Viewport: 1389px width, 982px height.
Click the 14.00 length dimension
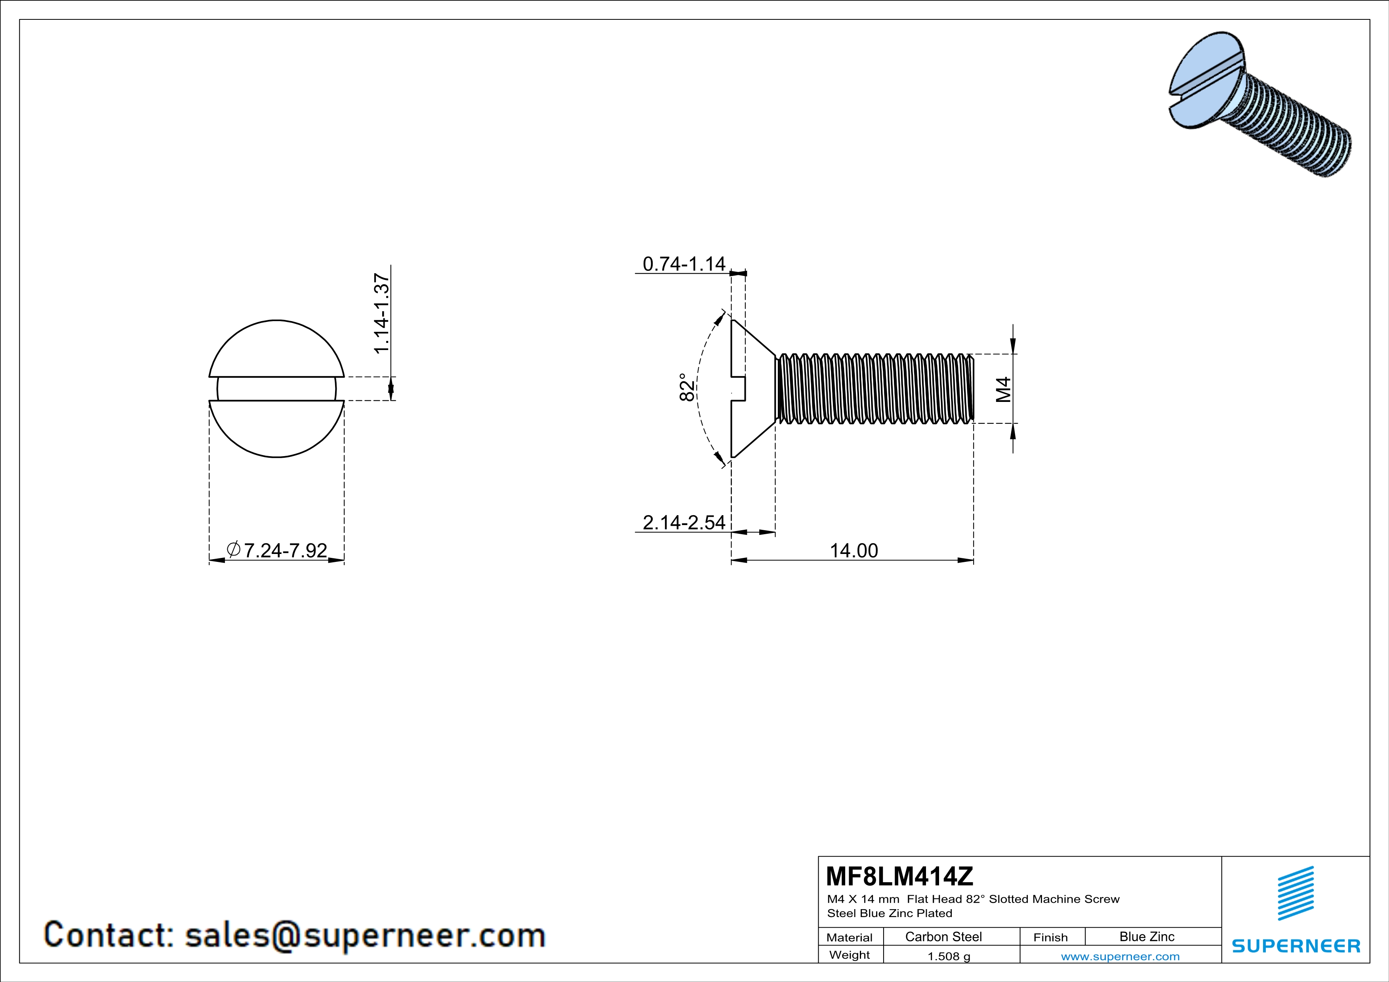point(853,550)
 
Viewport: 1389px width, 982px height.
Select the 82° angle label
point(687,387)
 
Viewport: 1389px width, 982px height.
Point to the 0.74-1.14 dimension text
point(684,264)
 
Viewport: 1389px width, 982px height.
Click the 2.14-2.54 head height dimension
point(684,522)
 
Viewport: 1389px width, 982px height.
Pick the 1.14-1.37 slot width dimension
point(381,313)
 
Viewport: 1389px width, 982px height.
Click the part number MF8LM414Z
point(899,875)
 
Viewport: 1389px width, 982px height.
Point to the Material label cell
point(850,937)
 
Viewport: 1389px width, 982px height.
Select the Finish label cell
point(1050,937)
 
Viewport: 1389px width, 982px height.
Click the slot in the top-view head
point(276,389)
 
